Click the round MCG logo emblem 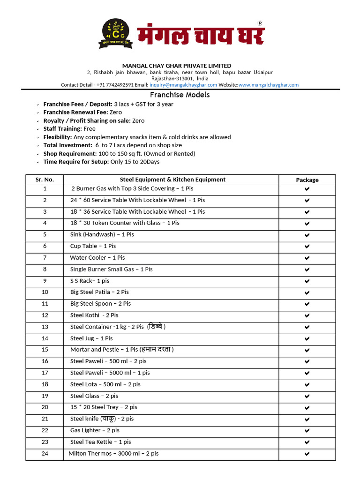115,34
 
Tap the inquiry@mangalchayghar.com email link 183,85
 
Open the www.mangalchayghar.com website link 269,85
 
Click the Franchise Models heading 180,95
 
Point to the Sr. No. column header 45,180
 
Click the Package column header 307,180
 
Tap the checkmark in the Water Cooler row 307,258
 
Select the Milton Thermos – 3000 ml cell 113,454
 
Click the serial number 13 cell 45,327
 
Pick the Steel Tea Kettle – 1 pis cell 101,442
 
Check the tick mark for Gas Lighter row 307,430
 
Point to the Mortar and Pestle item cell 122,350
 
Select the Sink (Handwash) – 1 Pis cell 102,234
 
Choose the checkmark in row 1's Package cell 307,188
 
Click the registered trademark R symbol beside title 261,23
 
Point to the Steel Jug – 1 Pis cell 91,338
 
